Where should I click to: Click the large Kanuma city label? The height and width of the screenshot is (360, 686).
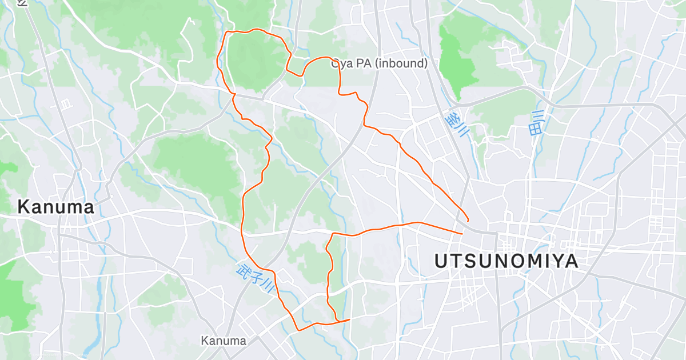point(55,207)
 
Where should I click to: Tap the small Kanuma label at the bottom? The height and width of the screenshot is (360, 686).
point(224,341)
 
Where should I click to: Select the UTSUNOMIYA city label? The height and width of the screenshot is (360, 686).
point(506,262)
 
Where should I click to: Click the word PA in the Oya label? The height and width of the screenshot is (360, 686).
point(365,63)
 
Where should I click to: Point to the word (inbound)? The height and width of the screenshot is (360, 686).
point(401,63)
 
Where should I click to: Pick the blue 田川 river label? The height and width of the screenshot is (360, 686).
point(537,122)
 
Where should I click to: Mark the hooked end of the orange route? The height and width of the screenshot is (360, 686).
point(468,220)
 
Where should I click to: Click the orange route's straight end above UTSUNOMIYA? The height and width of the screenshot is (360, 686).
point(462,233)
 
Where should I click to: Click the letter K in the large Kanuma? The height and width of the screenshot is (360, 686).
point(23,207)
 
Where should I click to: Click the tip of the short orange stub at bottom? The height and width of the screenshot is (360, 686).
point(349,319)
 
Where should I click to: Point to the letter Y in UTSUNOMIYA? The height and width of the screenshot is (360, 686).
point(552,262)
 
